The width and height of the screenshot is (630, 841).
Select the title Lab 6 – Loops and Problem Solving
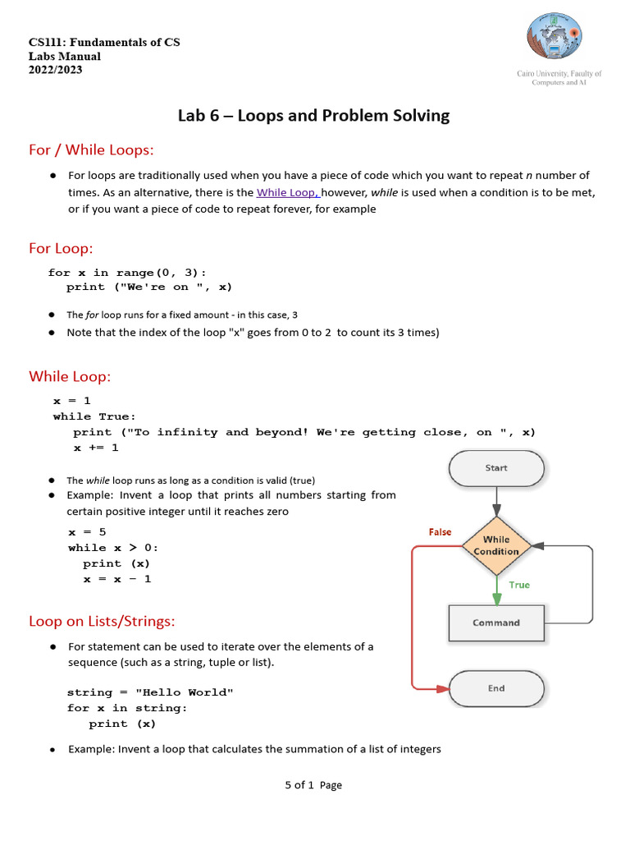[313, 116]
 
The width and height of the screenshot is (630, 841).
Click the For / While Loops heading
[91, 149]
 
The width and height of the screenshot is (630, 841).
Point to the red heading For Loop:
[61, 248]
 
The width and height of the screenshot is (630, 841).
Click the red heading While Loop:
[70, 376]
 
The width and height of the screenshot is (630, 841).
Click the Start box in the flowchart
[496, 468]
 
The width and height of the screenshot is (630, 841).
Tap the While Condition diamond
[496, 545]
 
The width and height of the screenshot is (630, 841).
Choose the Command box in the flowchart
[496, 623]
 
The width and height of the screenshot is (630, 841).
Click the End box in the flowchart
[496, 688]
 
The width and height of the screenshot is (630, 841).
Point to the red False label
[440, 532]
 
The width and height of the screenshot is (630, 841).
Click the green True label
[519, 585]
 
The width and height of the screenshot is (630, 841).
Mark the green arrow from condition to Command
[496, 590]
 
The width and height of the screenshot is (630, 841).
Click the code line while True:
[94, 416]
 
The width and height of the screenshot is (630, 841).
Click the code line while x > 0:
[113, 548]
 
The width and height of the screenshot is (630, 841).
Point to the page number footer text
[313, 785]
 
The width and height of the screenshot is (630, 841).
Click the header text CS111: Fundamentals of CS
[104, 42]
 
